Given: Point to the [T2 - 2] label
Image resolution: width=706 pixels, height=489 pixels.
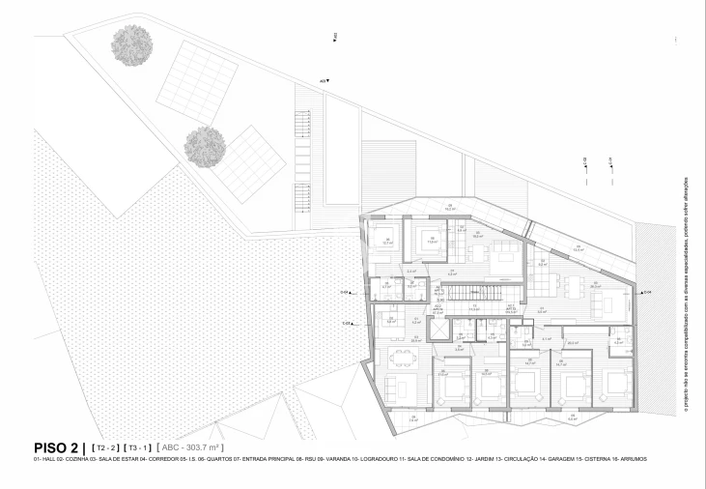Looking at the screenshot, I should pyautogui.click(x=104, y=447).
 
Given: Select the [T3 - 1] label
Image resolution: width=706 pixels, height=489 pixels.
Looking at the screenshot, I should pyautogui.click(x=140, y=447).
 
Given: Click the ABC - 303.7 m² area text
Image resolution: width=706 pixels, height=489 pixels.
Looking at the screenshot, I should pyautogui.click(x=190, y=447).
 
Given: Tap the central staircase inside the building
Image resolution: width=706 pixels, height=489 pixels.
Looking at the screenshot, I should pyautogui.click(x=464, y=291).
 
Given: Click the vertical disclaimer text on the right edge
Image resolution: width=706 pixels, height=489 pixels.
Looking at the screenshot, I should pyautogui.click(x=685, y=295).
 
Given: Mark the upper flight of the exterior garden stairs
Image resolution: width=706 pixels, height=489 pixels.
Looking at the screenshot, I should pyautogui.click(x=301, y=125).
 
